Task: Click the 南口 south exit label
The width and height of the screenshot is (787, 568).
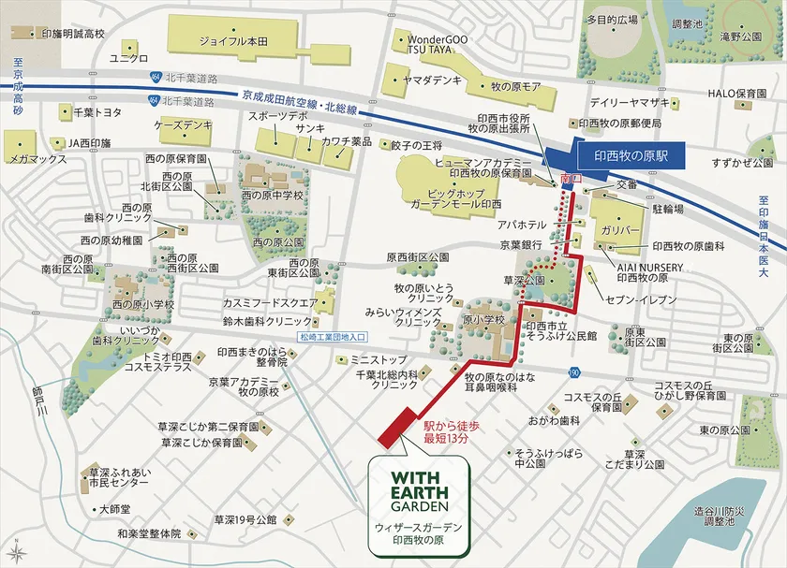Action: pos(564,177)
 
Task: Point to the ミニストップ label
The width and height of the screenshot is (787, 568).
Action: pos(379,359)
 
